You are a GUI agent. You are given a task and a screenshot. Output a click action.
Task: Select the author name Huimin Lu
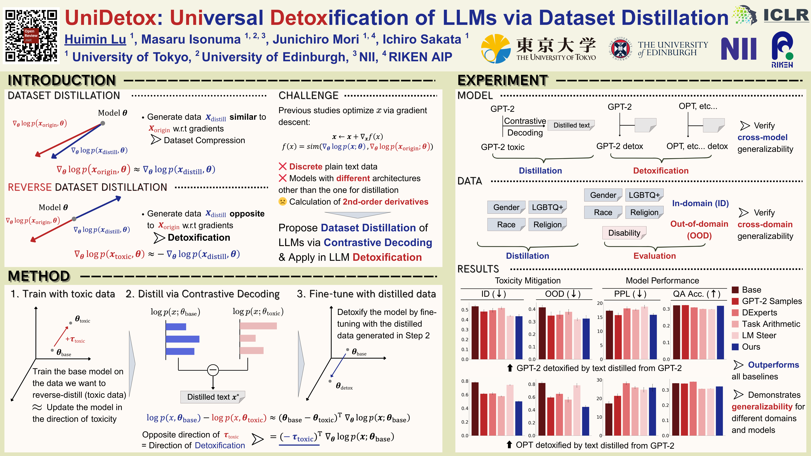click(x=95, y=39)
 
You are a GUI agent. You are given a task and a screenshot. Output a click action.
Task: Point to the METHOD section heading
click(x=39, y=276)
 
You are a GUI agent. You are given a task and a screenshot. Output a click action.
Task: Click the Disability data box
click(x=624, y=233)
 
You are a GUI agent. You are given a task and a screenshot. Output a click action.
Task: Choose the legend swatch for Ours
click(x=735, y=347)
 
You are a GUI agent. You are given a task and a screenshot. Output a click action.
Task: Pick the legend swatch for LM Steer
click(x=735, y=336)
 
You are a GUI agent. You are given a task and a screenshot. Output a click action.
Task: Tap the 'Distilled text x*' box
click(x=213, y=397)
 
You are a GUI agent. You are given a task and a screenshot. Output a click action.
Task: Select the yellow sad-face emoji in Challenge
click(x=282, y=201)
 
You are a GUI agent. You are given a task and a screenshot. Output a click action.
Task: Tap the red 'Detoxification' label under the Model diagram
click(x=661, y=171)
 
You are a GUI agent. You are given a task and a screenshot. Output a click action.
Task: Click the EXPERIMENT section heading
click(x=502, y=80)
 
